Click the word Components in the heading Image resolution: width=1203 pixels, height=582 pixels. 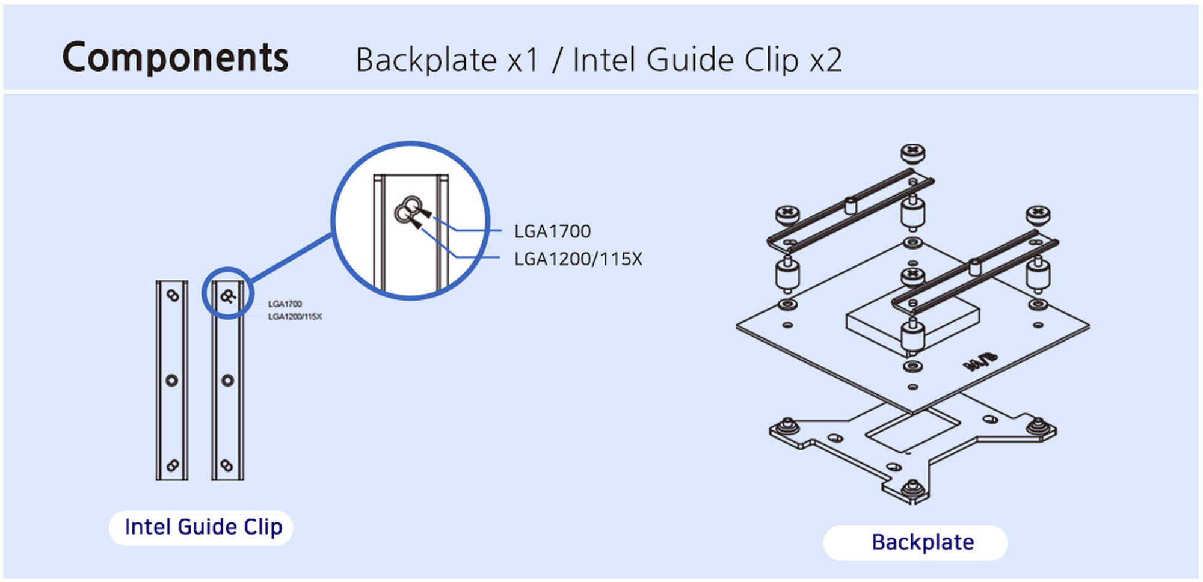coord(175,58)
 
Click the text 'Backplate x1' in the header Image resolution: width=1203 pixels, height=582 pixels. coord(447,60)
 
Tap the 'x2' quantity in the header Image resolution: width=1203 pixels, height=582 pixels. coord(825,60)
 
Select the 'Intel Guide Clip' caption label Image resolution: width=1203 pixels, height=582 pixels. coord(203,527)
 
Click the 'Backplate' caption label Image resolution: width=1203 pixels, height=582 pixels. coord(922,542)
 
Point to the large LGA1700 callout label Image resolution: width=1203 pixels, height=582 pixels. coord(552,231)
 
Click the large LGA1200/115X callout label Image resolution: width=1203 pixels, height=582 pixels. coord(577,259)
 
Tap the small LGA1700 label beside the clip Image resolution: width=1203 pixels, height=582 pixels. coord(285,304)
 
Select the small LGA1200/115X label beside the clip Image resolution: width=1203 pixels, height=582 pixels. coord(295,317)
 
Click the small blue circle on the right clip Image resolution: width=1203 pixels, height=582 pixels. coord(227,293)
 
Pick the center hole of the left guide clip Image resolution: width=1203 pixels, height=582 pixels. coord(172,380)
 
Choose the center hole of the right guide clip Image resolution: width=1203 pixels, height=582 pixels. coord(227,380)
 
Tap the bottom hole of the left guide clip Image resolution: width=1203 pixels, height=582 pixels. coord(172,465)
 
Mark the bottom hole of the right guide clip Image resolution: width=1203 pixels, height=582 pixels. coord(227,465)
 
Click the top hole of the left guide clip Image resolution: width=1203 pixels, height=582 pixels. coord(173,296)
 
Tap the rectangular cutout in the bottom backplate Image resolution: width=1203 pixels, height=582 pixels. coord(912,429)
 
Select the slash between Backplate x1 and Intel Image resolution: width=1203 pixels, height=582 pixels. coord(556,60)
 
